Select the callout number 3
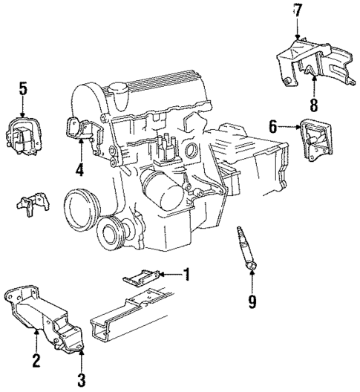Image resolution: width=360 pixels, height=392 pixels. (81, 381)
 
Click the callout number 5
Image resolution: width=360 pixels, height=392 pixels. (23, 89)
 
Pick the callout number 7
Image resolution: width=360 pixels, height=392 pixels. (298, 10)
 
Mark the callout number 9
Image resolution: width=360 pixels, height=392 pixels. (252, 300)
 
